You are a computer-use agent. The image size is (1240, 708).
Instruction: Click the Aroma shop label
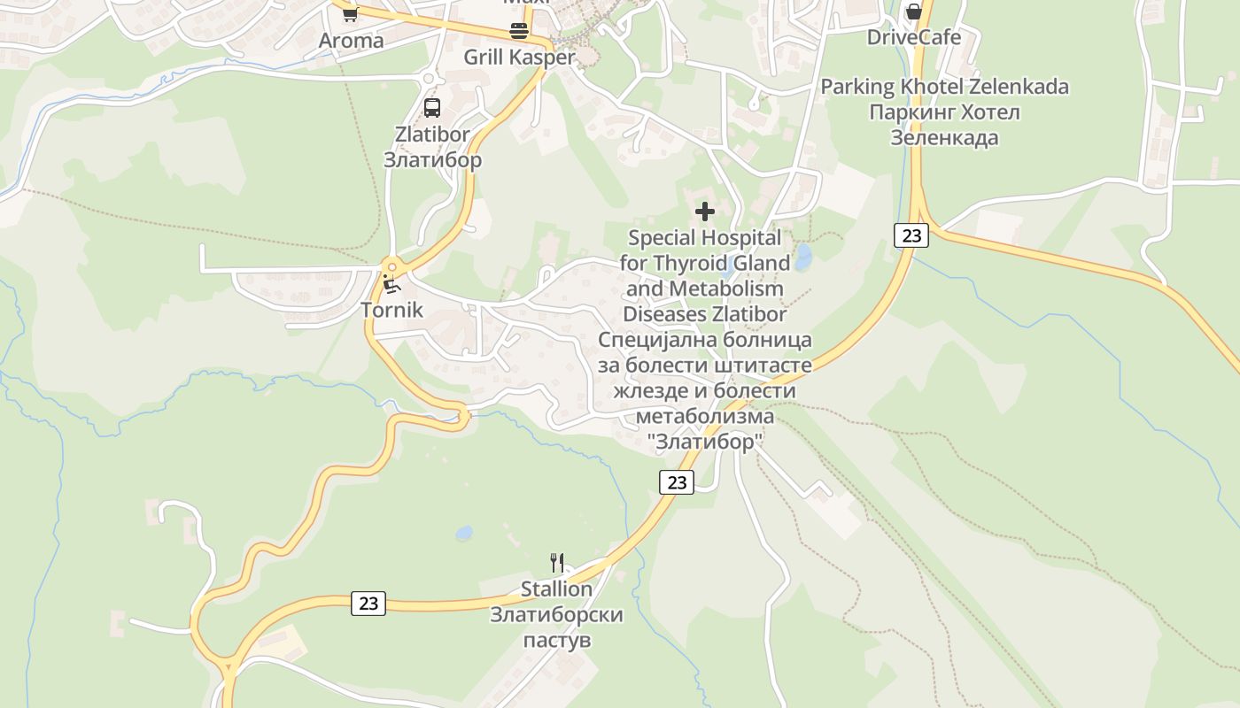(352, 41)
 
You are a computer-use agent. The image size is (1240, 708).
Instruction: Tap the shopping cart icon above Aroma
(350, 13)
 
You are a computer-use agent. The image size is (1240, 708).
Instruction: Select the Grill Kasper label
(520, 58)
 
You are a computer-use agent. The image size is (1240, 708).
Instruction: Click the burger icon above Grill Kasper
(519, 31)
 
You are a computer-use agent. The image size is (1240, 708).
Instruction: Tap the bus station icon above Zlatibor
(432, 108)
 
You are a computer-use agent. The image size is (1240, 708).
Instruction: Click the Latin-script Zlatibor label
(432, 135)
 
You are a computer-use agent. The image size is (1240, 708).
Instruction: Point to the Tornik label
(391, 311)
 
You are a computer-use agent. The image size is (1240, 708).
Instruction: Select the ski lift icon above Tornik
(391, 284)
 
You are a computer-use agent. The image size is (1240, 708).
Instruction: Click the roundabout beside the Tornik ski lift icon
(391, 265)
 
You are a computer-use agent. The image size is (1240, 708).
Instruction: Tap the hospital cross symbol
(705, 212)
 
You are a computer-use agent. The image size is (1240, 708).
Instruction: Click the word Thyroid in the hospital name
(694, 263)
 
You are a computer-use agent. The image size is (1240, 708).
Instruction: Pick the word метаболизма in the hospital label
(705, 416)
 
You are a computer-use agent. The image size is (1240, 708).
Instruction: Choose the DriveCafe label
(913, 37)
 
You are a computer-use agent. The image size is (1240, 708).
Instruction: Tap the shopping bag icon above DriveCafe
(913, 12)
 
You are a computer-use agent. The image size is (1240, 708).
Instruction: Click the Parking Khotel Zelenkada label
(944, 87)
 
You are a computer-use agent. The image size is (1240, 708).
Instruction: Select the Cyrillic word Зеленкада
(944, 138)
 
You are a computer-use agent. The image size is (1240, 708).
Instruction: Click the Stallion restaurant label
(556, 589)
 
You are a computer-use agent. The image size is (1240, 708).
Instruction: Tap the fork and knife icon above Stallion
(557, 563)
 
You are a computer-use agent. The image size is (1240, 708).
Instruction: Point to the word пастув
(557, 641)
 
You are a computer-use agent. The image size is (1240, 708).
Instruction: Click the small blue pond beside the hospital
(803, 258)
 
